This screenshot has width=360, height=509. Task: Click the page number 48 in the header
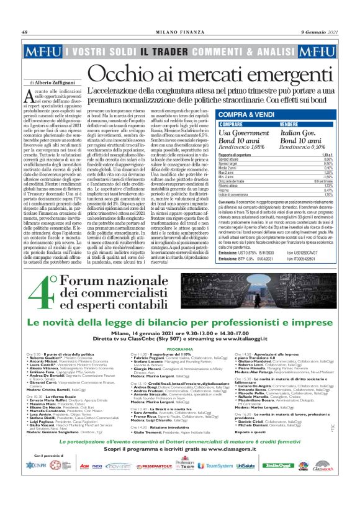pyautogui.click(x=25, y=32)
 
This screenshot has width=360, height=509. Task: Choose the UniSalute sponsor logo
pyautogui.click(x=245, y=482)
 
